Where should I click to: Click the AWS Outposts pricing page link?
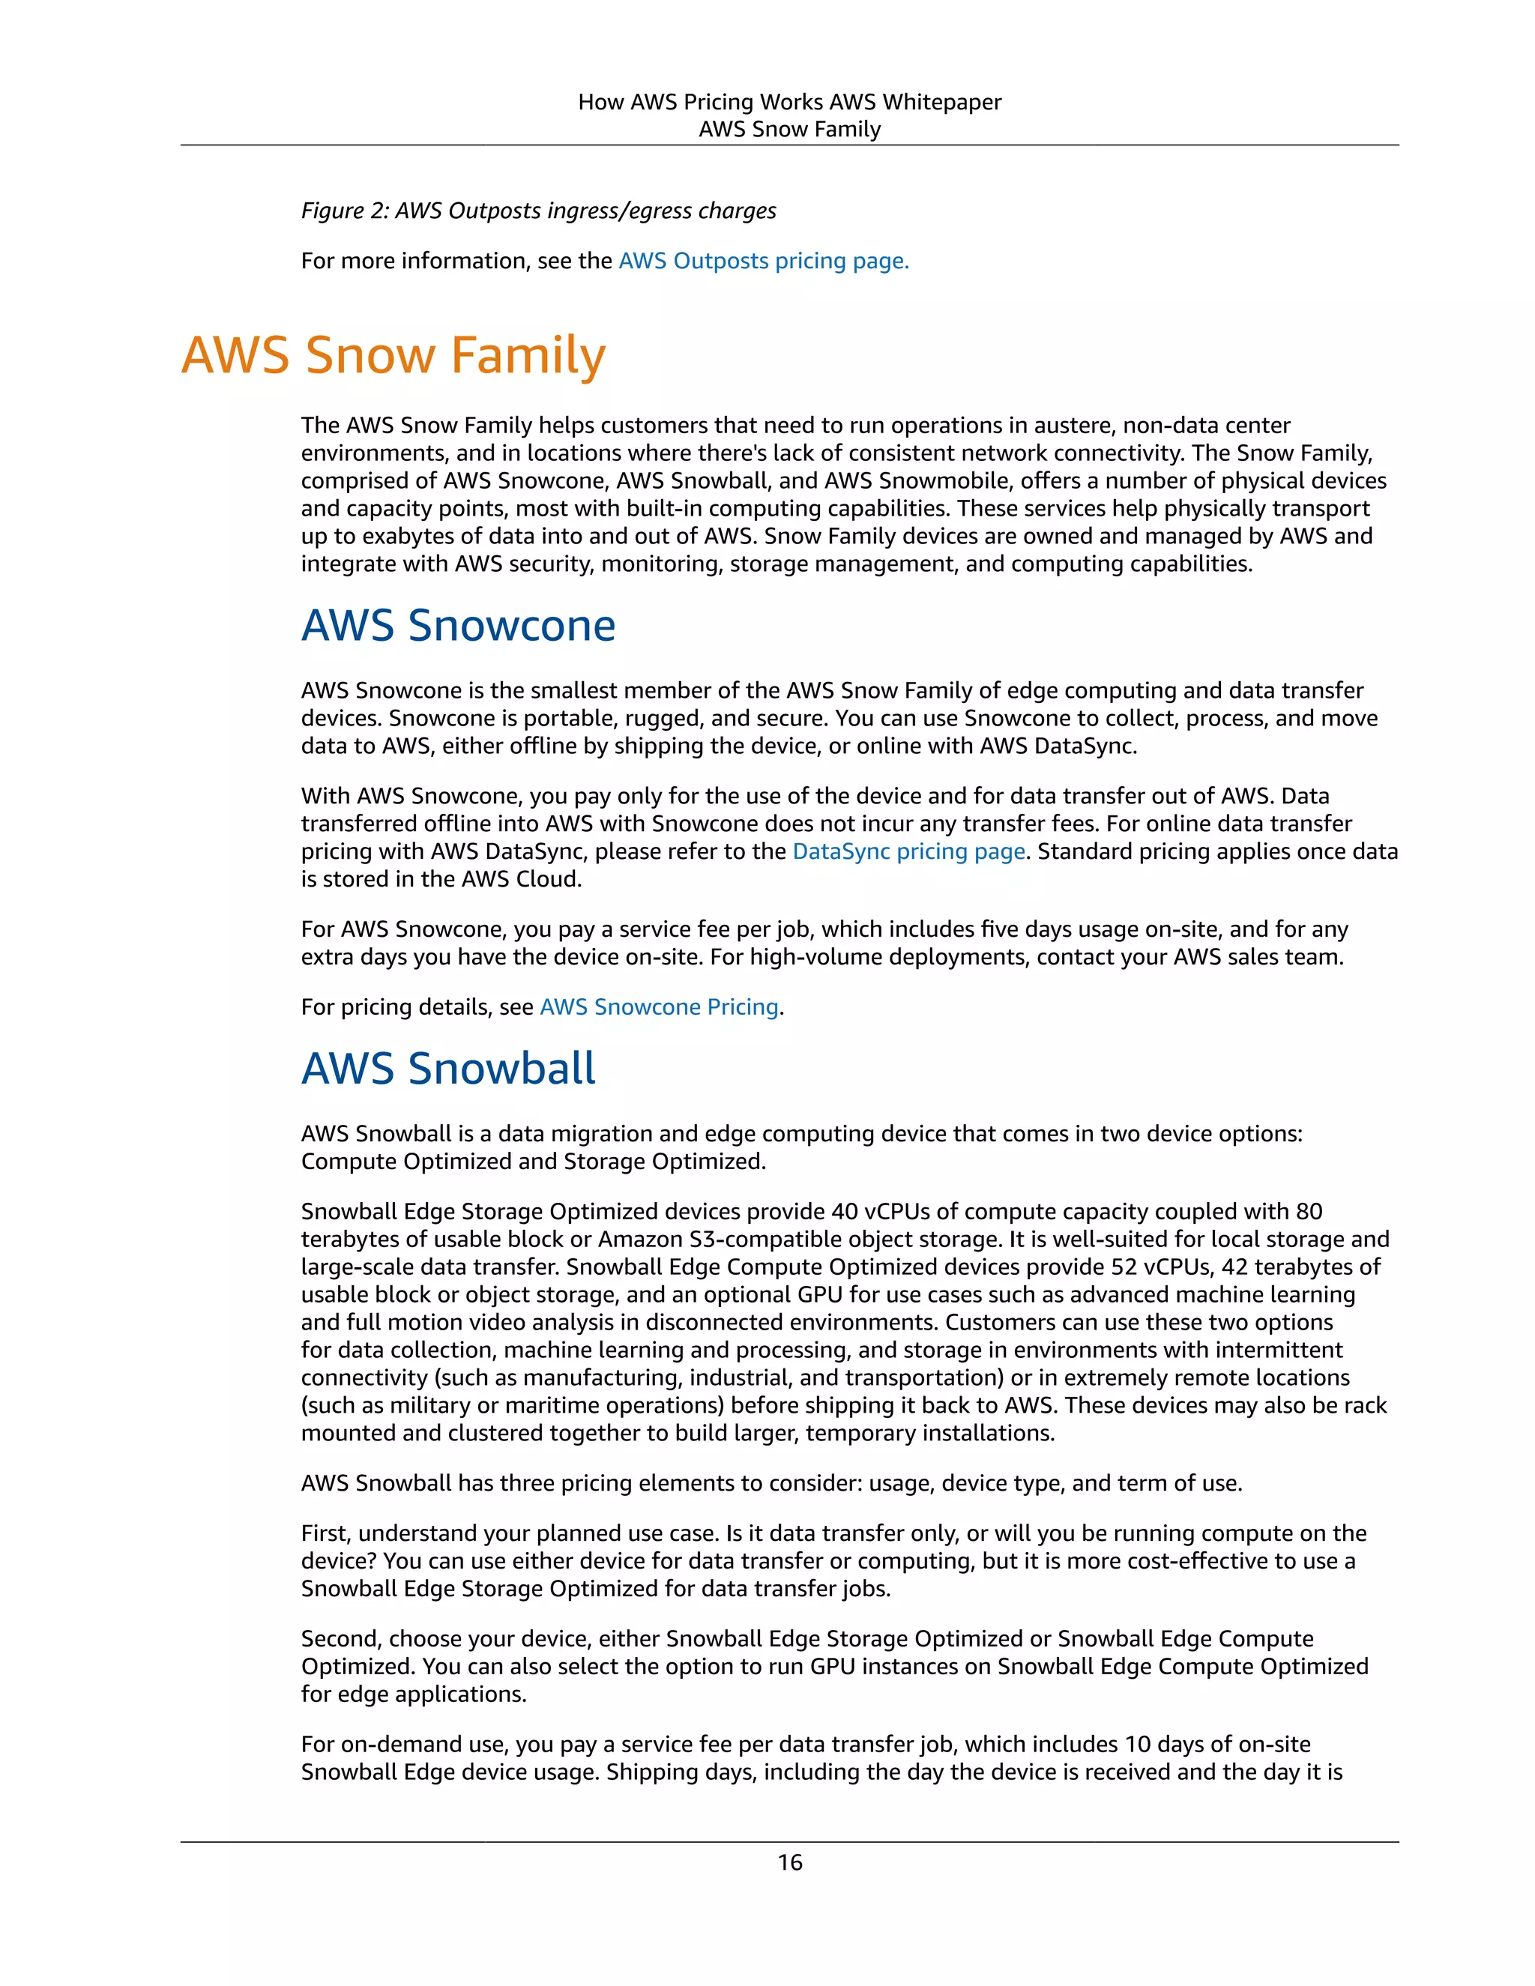pos(763,261)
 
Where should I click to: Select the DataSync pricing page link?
pos(908,851)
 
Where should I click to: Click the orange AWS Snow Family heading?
pos(393,354)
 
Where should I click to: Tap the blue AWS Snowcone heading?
pos(458,626)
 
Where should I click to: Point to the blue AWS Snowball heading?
pos(448,1069)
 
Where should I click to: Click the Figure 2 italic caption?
pos(538,211)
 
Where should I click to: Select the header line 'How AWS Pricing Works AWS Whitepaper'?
pos(789,102)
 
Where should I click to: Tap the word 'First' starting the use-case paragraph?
pos(324,1533)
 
